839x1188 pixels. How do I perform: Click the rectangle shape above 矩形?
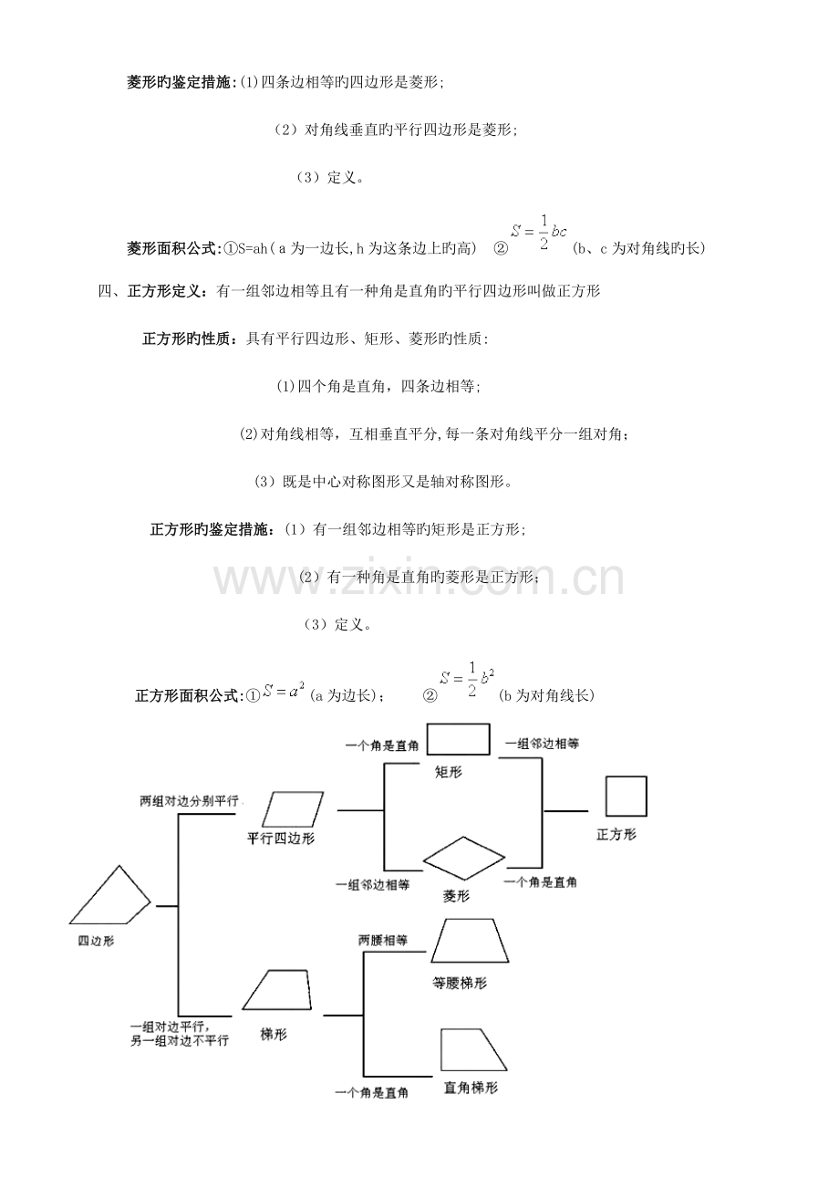point(458,740)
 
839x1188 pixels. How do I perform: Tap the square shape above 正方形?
point(626,796)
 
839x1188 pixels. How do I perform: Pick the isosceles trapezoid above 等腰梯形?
point(471,941)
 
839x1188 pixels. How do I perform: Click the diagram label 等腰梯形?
point(460,984)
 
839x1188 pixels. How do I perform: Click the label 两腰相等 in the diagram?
point(383,939)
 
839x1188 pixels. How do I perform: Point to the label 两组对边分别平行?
point(189,801)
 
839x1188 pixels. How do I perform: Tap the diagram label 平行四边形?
point(281,839)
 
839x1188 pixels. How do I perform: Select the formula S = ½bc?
point(540,232)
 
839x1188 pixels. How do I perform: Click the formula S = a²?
point(284,693)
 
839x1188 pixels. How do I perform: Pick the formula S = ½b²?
point(466,679)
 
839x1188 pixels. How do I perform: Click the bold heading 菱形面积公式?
point(172,248)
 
